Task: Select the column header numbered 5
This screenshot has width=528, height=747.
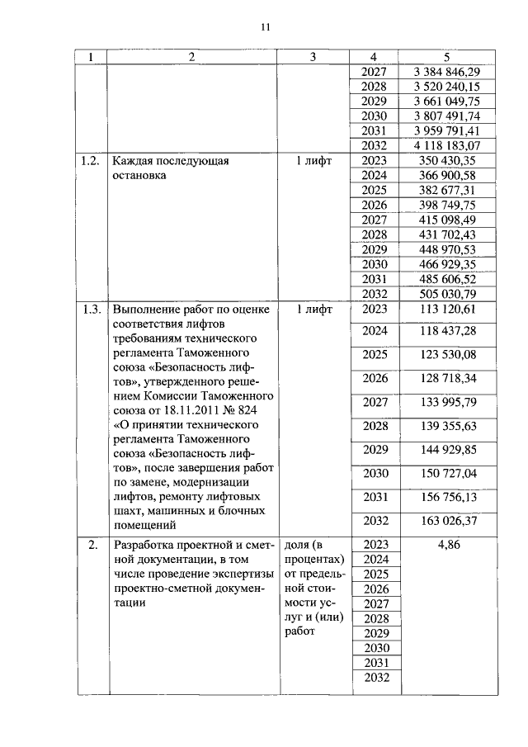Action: click(x=445, y=57)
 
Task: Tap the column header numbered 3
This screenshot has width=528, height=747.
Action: click(x=313, y=57)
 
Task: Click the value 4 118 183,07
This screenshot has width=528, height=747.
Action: click(x=445, y=146)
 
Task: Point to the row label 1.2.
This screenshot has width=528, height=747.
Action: click(x=91, y=161)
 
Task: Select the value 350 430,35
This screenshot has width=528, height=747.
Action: click(x=445, y=161)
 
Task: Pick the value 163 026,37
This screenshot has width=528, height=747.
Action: click(x=445, y=521)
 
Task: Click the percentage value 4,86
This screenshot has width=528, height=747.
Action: click(x=445, y=545)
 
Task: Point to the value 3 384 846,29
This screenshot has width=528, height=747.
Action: click(x=445, y=72)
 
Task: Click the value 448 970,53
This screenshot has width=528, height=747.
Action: click(x=445, y=250)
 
